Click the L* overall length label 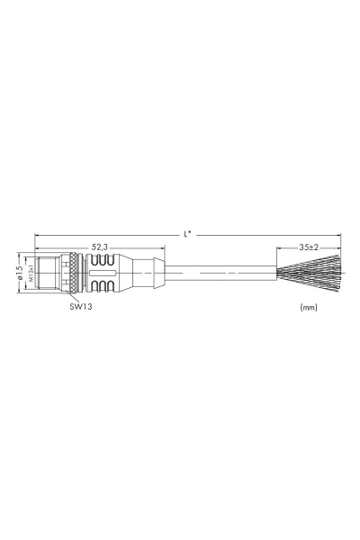point(187,235)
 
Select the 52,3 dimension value point(100,247)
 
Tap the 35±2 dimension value point(309,247)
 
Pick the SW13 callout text point(81,306)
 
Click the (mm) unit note point(309,307)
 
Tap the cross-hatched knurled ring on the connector point(73,273)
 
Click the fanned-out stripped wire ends point(309,273)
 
